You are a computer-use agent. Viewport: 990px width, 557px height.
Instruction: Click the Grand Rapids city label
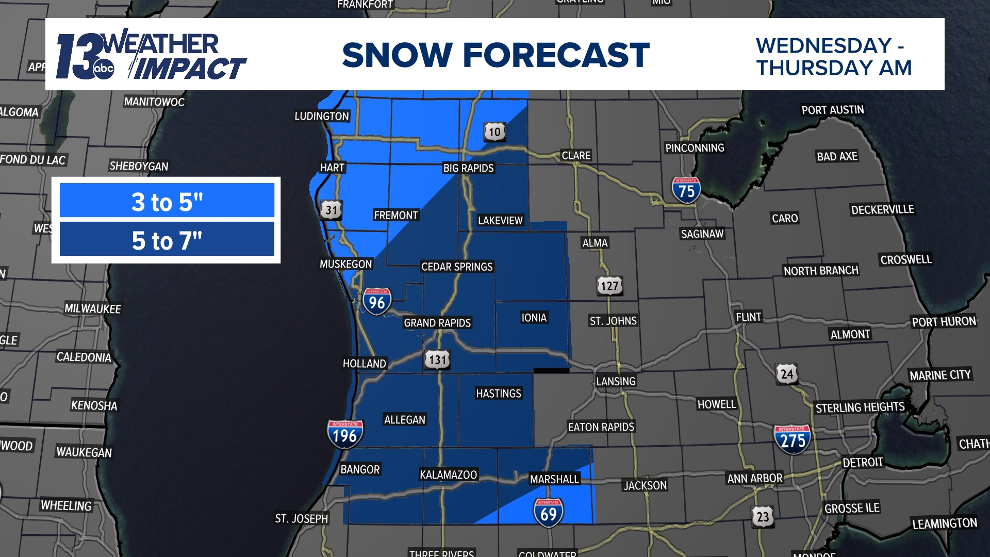(x=437, y=323)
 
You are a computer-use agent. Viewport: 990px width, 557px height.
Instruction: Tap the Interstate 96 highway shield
(x=377, y=301)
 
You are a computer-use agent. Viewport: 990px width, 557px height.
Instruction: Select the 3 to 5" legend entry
(x=167, y=201)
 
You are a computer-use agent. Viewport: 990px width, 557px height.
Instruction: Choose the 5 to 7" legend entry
(x=167, y=240)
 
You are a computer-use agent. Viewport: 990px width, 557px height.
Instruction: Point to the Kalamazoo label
(x=448, y=474)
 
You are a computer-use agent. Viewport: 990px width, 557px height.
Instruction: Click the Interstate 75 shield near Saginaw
(x=686, y=190)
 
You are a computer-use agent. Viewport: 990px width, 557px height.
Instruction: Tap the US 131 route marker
(x=437, y=359)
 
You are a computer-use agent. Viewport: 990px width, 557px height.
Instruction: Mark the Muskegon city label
(x=345, y=264)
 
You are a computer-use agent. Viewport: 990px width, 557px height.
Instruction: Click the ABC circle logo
(x=104, y=69)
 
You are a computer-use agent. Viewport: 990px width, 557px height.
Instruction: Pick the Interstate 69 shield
(x=548, y=513)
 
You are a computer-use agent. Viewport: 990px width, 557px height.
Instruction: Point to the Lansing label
(x=616, y=381)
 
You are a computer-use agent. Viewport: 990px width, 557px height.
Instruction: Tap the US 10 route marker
(x=494, y=132)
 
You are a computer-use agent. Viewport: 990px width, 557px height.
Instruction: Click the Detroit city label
(x=863, y=462)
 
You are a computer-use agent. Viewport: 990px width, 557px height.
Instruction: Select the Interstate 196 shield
(x=345, y=434)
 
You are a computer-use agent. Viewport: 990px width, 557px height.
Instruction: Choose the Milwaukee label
(x=93, y=308)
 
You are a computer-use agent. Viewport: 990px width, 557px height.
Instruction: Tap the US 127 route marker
(x=609, y=286)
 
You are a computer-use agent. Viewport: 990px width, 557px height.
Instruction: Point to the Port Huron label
(x=944, y=322)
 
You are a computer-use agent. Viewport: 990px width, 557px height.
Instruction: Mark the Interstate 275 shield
(x=792, y=439)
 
